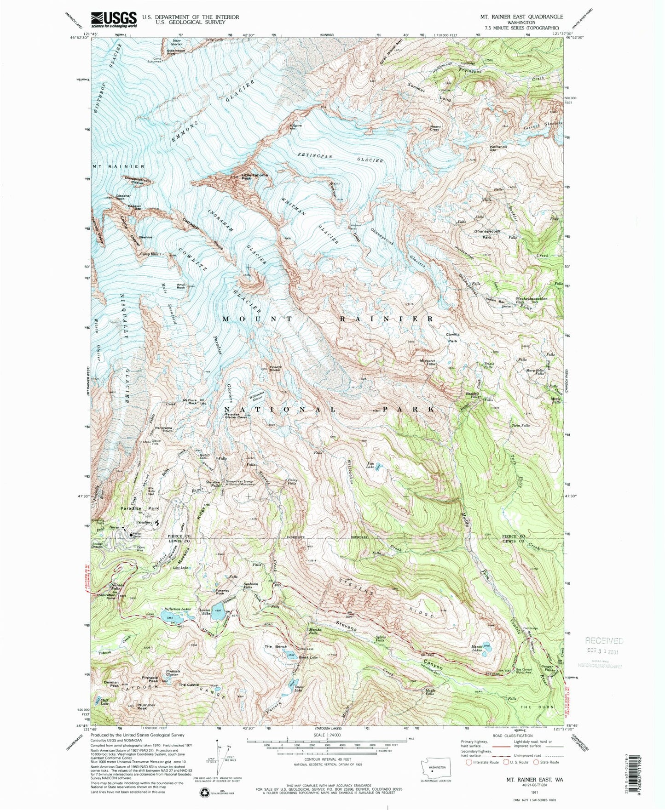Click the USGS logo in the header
pos(114,19)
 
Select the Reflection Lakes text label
pos(177,608)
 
